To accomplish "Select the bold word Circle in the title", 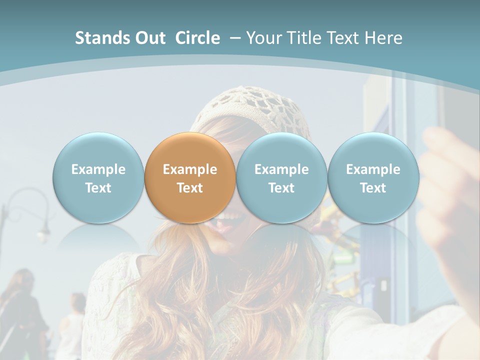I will pos(197,38).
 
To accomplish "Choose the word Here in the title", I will pos(384,38).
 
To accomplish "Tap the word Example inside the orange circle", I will pos(190,169).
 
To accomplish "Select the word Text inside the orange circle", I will pos(190,188).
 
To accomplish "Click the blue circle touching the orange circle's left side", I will pos(98,177).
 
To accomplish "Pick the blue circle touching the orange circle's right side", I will pos(281,177).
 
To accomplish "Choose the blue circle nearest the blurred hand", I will pos(373,177).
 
